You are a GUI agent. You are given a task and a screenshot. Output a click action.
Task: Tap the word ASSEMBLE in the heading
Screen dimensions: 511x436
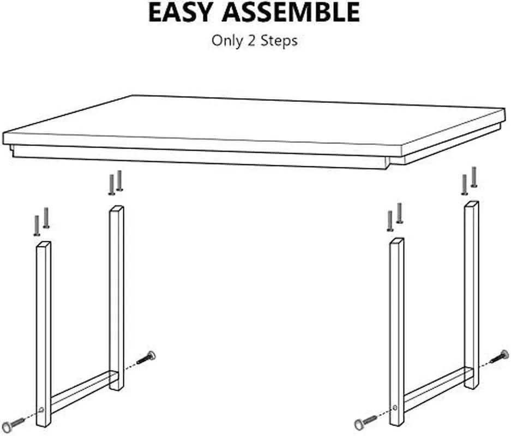291,13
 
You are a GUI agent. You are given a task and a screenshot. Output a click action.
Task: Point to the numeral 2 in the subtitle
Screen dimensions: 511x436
251,41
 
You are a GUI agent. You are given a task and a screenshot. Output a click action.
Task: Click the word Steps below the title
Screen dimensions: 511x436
279,41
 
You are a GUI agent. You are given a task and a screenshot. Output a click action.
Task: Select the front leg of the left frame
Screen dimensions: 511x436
43,334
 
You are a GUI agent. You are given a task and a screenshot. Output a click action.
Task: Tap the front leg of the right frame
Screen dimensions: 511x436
397,331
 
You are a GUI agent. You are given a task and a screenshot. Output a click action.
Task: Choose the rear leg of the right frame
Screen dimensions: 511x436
471,295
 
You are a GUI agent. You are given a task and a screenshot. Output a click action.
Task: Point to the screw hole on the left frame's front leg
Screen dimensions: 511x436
41,410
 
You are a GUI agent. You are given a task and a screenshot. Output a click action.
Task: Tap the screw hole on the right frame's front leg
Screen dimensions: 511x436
395,407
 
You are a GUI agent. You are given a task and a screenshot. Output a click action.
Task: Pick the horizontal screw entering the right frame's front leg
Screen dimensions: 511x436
365,422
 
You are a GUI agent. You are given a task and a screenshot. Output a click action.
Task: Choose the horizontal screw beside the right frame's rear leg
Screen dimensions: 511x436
499,356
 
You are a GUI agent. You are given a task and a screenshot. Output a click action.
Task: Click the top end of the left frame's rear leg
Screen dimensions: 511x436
116,208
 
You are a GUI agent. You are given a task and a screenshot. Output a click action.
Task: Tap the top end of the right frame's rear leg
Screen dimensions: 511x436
472,203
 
